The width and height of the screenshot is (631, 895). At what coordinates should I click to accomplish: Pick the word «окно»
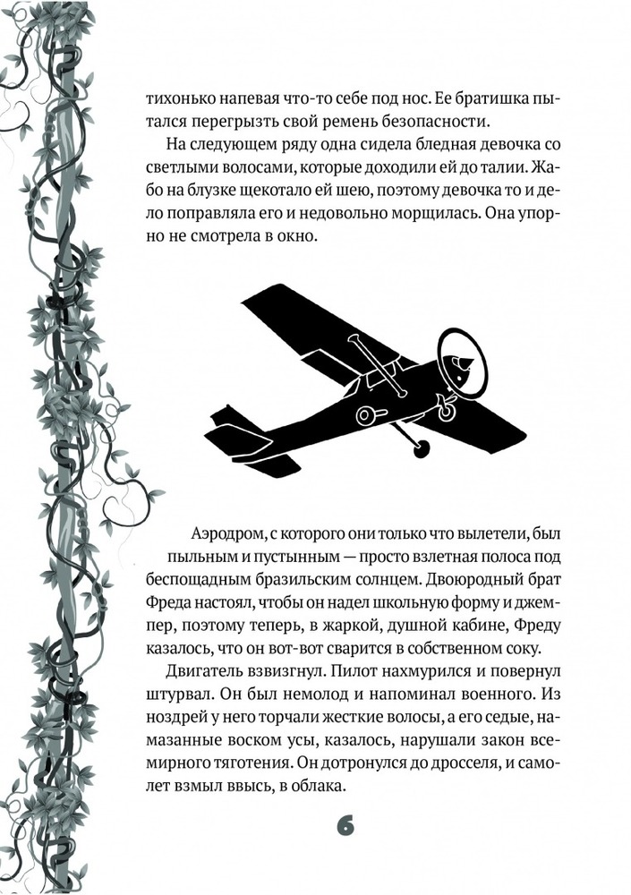tap(298, 237)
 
